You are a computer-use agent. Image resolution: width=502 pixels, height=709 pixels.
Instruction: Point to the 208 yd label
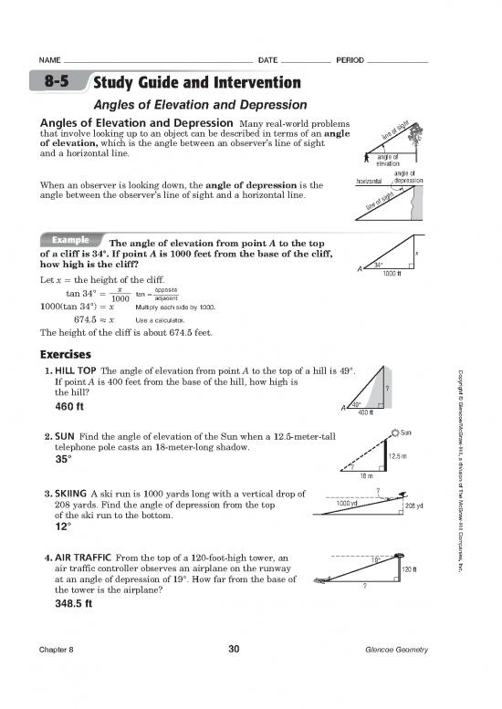413,506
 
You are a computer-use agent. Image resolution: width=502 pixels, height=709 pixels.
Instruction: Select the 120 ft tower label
410,570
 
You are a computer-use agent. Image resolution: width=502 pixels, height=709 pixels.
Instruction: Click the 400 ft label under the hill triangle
367,412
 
